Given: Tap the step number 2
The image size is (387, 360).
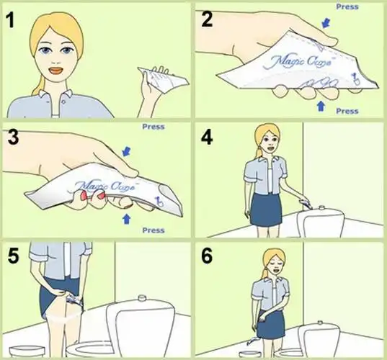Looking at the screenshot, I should point(208,19).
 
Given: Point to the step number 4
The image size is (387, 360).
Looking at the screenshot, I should point(208,138).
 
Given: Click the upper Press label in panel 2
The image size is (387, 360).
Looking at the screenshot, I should point(347,6).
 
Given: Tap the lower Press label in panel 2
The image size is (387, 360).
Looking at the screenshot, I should point(347,111).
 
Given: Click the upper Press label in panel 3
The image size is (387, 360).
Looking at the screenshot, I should point(153,126).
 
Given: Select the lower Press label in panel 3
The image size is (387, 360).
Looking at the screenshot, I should point(153,230).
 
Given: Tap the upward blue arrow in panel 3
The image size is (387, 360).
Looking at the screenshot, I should point(128,216).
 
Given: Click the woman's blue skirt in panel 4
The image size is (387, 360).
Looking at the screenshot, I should point(267,209).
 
